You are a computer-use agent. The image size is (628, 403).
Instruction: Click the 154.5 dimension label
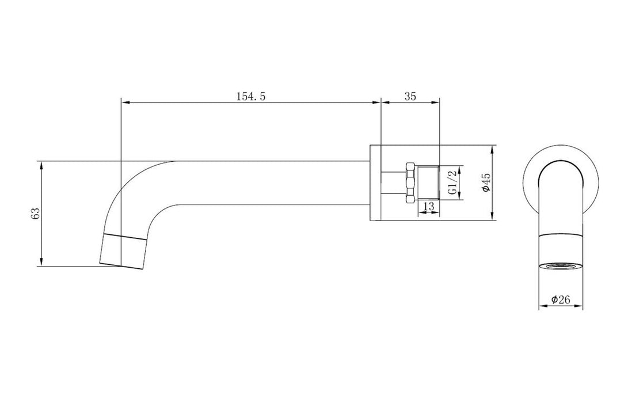[x=250, y=96]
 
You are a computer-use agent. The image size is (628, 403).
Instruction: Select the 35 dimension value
[x=410, y=96]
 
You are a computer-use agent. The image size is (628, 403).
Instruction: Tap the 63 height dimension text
[x=36, y=214]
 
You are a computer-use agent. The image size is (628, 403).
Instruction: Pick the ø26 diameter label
[x=560, y=299]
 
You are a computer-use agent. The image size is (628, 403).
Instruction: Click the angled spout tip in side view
[x=123, y=250]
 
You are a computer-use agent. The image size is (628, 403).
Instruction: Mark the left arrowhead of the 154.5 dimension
[x=125, y=103]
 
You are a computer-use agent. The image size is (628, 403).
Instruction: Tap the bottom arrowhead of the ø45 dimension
[x=493, y=217]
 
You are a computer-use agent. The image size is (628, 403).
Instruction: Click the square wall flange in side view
[x=375, y=183]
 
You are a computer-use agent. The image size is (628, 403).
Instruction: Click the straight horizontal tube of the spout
[x=271, y=183]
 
